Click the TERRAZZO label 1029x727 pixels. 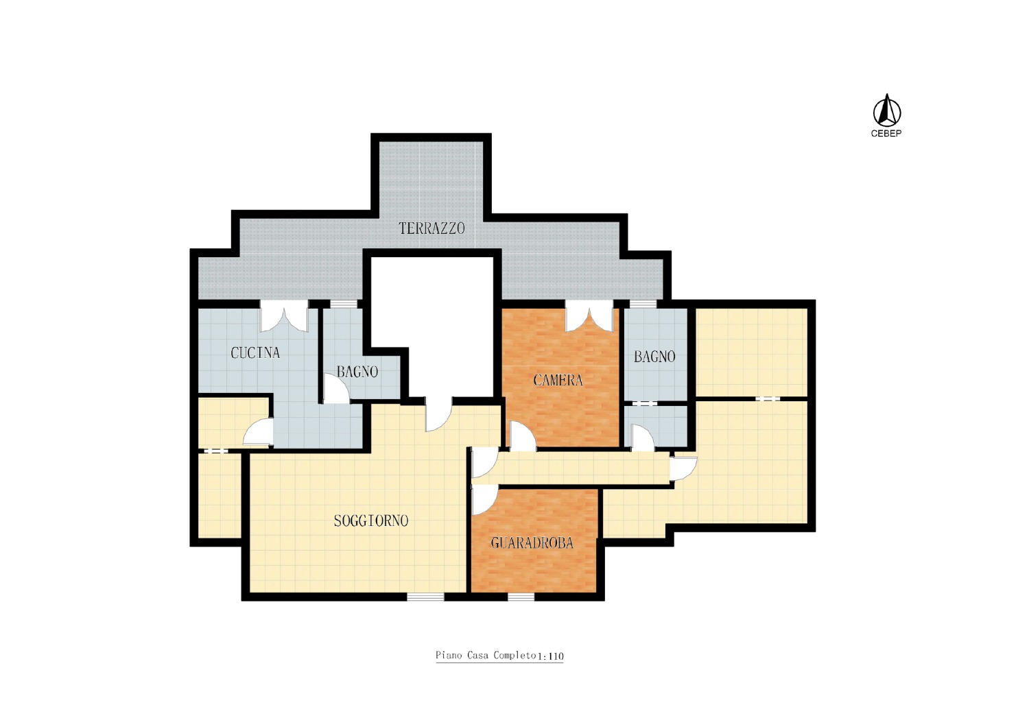click(431, 228)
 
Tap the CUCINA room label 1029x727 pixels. click(255, 353)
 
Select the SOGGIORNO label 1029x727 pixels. click(370, 521)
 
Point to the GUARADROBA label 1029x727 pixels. click(532, 543)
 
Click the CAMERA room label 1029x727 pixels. click(558, 380)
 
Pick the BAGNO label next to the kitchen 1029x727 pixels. click(357, 372)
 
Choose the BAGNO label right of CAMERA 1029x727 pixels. click(654, 357)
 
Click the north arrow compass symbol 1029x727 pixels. click(886, 110)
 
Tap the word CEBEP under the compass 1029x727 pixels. click(886, 134)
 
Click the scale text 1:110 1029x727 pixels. click(550, 656)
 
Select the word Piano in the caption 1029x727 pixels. click(449, 656)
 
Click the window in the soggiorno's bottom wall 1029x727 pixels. click(426, 597)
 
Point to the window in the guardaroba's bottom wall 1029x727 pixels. click(521, 597)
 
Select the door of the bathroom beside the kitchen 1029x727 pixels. click(336, 388)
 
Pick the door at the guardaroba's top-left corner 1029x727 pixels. click(484, 500)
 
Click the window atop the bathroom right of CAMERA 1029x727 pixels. click(643, 304)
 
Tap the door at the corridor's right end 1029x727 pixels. click(683, 468)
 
